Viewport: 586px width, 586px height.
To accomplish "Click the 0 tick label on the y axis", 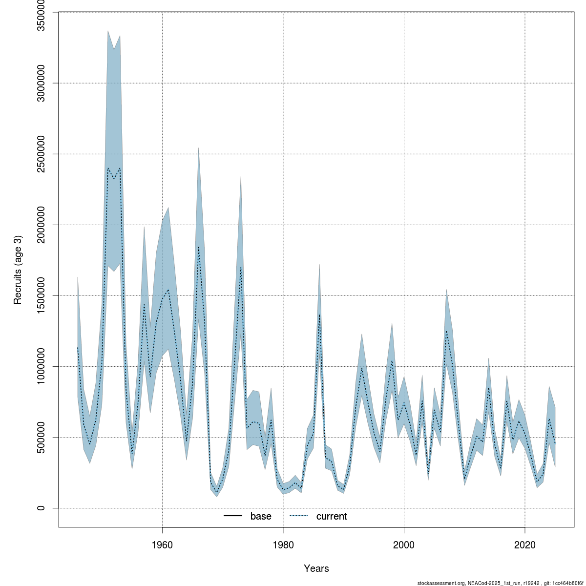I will (41, 508).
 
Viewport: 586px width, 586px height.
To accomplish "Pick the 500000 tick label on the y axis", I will (41, 437).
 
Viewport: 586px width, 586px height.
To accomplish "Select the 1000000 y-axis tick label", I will (41, 366).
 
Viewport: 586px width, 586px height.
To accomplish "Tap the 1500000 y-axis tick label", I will (41, 295).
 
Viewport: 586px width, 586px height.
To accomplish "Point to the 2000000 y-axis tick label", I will (41, 225).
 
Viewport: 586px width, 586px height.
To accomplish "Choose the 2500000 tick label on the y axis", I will (41, 154).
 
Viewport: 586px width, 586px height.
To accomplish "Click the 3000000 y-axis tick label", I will (41, 83).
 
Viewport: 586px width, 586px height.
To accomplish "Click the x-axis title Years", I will (316, 568).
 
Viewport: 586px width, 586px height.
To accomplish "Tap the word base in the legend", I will (261, 516).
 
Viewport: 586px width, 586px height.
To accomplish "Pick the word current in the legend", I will (332, 516).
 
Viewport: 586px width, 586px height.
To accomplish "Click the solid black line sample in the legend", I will (233, 516).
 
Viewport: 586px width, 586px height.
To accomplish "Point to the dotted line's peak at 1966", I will (198, 247).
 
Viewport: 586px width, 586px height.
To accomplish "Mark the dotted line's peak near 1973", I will (241, 267).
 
